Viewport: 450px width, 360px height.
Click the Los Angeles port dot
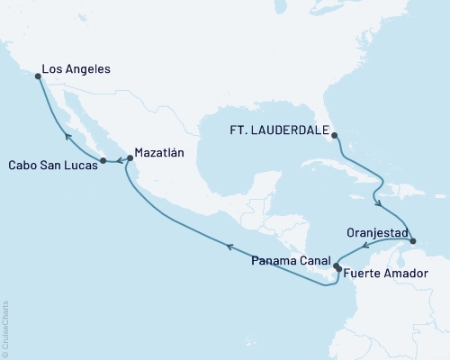[37, 76]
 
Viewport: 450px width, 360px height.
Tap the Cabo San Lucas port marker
[103, 161]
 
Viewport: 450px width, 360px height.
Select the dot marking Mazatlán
[130, 158]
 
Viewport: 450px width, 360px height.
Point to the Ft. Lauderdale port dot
[334, 136]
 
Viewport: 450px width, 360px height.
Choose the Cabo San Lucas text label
[50, 166]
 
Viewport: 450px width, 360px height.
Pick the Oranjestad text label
[375, 231]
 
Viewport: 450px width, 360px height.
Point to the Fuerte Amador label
[375, 270]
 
